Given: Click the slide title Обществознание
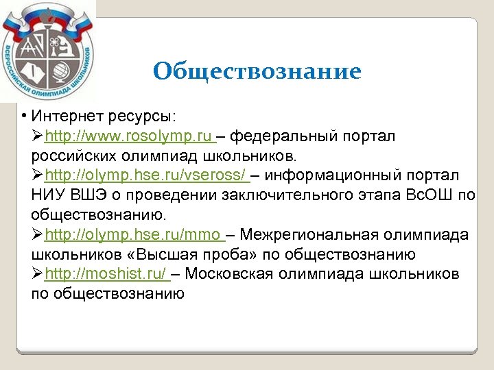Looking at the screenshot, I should (x=257, y=71).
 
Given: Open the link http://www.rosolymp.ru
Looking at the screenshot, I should (x=128, y=136).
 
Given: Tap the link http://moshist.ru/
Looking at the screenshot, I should (x=106, y=275).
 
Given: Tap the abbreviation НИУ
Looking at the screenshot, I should (x=47, y=195).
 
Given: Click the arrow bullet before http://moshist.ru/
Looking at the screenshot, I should (x=37, y=275).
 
